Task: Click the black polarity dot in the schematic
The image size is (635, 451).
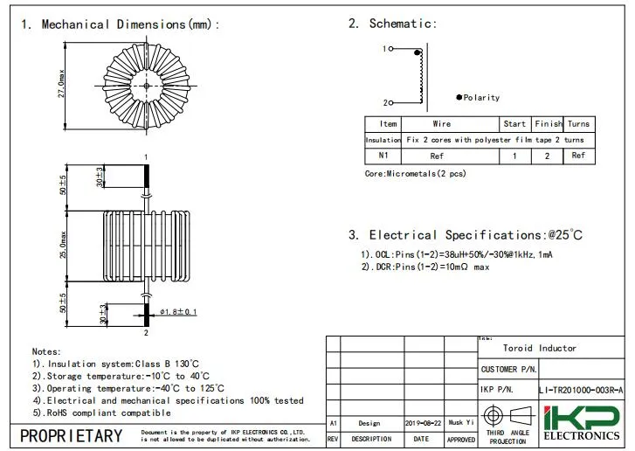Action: [459, 97]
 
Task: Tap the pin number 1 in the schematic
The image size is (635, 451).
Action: [383, 49]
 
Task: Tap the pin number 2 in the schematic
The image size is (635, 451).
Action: [383, 102]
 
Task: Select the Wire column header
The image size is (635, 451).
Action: [442, 124]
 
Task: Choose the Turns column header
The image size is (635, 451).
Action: [579, 124]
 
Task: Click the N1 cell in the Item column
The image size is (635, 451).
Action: [383, 156]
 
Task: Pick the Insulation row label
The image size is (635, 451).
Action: [383, 140]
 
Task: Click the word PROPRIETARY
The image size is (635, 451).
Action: [72, 435]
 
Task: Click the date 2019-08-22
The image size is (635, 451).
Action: [423, 422]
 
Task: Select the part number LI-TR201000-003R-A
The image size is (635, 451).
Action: [581, 391]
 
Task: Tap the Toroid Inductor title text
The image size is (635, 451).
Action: [539, 348]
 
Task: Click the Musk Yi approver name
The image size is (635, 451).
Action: [460, 422]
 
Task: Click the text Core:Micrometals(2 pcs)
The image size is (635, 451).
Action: [415, 174]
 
